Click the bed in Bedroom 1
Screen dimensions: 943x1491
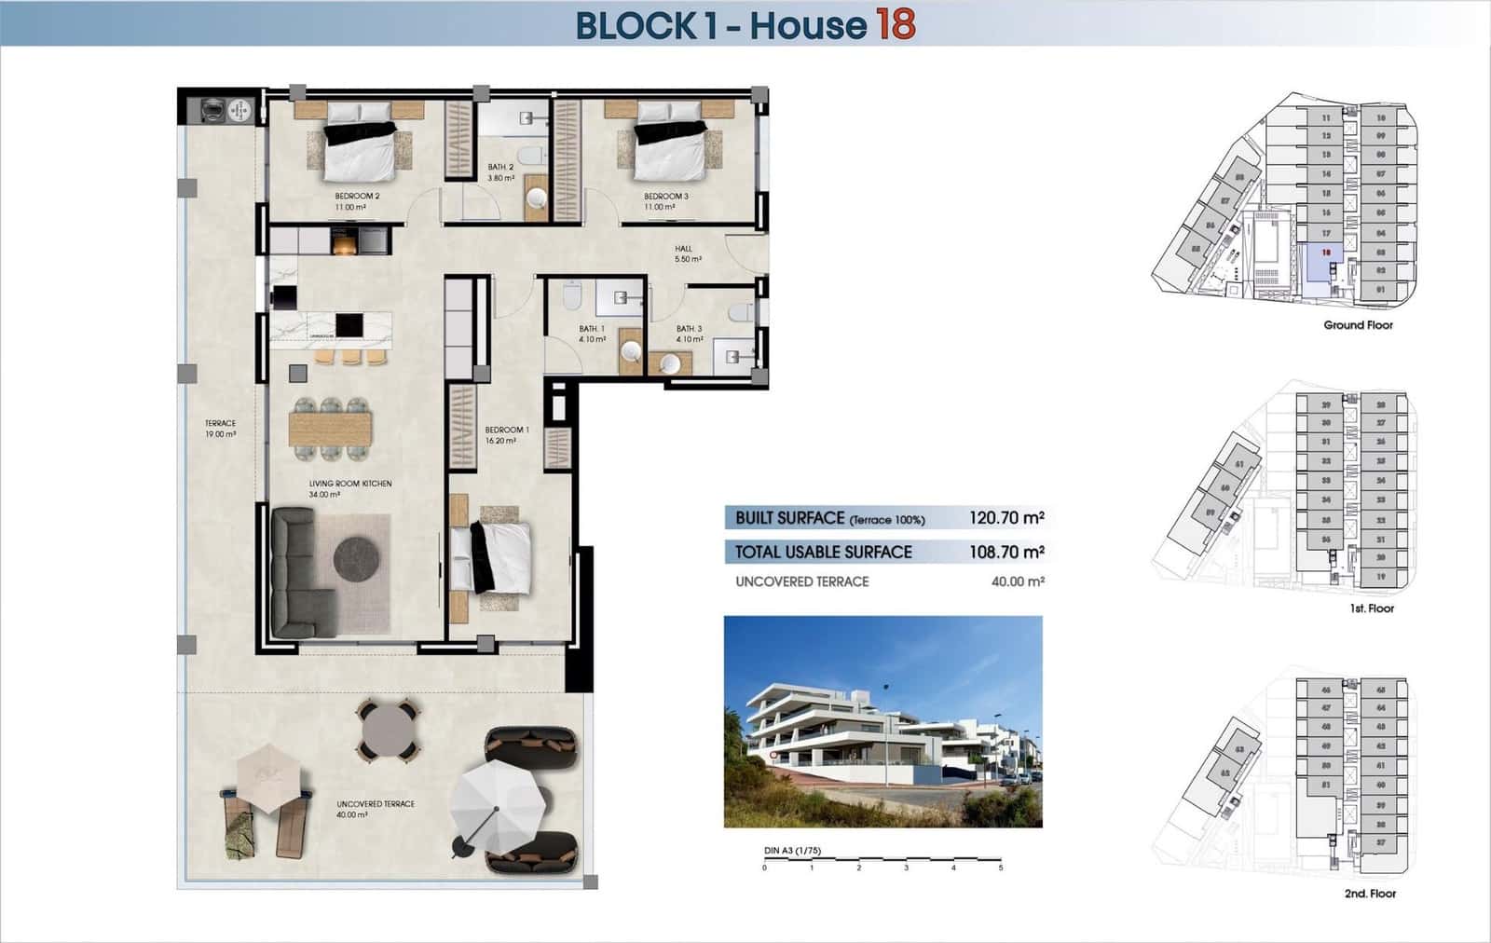pos(491,557)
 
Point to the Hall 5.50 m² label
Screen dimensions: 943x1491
pos(687,253)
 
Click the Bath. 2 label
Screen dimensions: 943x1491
pos(500,171)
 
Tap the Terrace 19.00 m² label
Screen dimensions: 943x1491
pos(220,429)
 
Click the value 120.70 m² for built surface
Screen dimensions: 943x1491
pos(1005,518)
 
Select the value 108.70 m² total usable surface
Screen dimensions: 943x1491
pos(1005,553)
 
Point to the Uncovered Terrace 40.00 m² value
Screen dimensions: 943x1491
pos(1018,581)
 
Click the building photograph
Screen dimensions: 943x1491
pos(882,721)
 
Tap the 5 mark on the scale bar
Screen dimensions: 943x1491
pos(1001,868)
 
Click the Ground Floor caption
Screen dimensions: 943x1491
pos(1358,325)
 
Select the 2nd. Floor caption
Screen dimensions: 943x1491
pos(1370,894)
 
